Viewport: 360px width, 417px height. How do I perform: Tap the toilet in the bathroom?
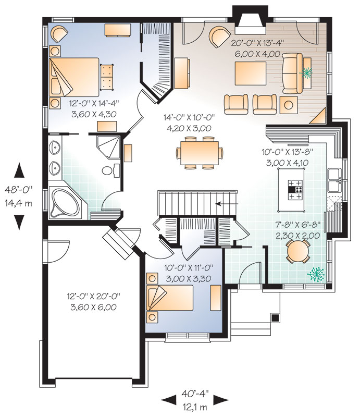coord(111,170)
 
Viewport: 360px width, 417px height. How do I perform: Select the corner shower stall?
coord(108,148)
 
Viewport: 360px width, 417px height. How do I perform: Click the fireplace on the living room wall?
coord(250,20)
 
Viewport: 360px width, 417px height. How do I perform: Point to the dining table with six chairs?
coord(200,153)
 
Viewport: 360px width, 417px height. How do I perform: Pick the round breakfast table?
coord(299,251)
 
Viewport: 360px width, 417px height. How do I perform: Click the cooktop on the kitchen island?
coord(295,190)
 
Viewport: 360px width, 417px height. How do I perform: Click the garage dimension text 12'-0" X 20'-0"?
coord(94,296)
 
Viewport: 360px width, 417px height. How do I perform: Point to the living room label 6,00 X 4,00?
coord(257,54)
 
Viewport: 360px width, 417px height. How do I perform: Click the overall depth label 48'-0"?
coord(18,190)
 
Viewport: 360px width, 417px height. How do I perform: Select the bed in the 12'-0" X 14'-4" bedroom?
coord(74,77)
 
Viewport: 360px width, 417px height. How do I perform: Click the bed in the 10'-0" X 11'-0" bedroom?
coord(170,298)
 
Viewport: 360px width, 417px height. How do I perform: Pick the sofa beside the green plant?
coord(292,73)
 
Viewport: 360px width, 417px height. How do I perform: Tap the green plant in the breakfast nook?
coord(316,275)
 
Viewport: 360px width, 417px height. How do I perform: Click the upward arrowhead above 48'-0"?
coord(19,170)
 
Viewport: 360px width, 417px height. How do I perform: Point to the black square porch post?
coord(275,317)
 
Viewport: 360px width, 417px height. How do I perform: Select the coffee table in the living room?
coord(251,73)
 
